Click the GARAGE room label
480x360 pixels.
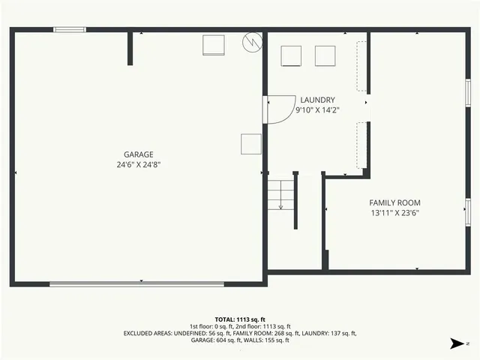[x=139, y=154]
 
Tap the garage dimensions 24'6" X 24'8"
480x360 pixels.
[x=139, y=164]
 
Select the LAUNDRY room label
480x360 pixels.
[x=317, y=100]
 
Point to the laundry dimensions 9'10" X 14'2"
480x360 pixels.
[x=317, y=110]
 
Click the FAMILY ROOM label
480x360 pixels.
[x=394, y=202]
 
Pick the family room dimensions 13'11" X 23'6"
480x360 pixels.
[x=394, y=213]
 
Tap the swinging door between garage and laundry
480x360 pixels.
[x=277, y=109]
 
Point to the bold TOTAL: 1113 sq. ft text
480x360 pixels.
[x=240, y=319]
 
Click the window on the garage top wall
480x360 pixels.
[x=69, y=30]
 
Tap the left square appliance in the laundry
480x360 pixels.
[x=290, y=55]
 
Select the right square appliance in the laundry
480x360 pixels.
[x=325, y=55]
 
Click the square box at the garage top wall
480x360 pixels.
[x=214, y=45]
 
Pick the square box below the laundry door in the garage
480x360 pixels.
[x=250, y=144]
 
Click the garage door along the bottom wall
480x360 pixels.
[x=136, y=283]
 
